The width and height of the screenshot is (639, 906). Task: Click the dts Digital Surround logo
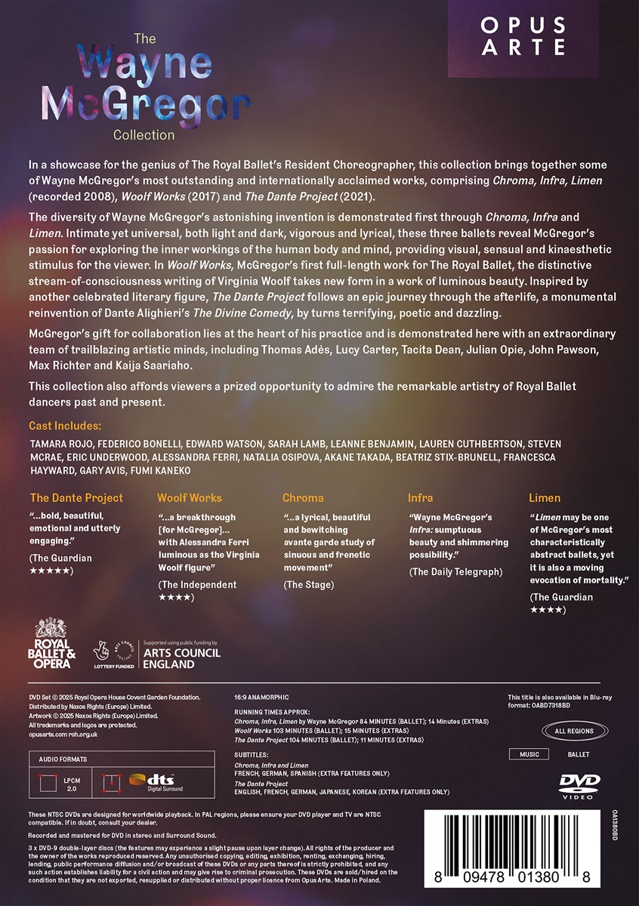click(148, 781)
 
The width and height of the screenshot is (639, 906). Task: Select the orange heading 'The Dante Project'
click(76, 498)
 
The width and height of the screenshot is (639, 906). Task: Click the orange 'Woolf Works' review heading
click(190, 498)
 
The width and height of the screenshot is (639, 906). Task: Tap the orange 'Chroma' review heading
click(303, 498)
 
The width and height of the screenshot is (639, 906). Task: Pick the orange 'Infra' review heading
click(421, 498)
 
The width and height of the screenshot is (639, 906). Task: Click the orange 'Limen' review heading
click(545, 498)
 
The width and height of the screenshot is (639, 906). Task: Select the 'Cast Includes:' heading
click(64, 427)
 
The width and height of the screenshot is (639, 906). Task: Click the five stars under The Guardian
click(51, 570)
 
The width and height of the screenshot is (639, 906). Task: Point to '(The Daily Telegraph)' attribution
click(455, 572)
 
